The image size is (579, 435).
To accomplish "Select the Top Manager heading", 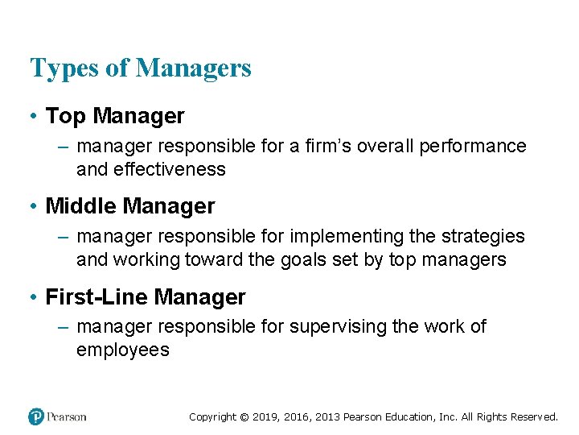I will (115, 116).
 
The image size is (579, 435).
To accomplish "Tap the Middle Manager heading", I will (130, 206).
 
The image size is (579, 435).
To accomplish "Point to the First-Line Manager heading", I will (146, 297).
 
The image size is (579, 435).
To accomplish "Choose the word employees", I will (123, 350).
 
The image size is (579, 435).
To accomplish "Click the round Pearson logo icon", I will (36, 416).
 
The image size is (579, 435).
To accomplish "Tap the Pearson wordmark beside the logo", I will (67, 417).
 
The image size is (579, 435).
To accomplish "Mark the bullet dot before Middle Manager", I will (33, 207).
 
